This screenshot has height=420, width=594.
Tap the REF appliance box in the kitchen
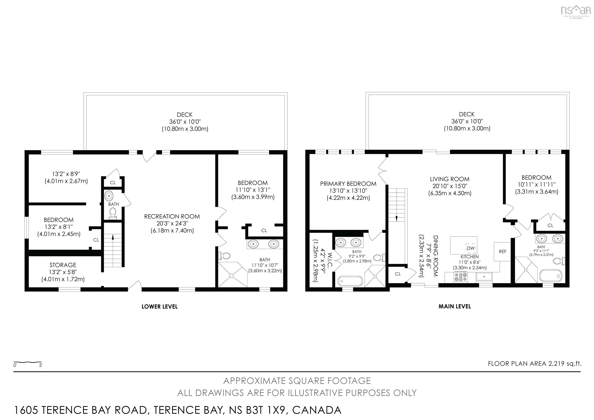pyautogui.click(x=502, y=251)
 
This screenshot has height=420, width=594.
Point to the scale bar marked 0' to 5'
pyautogui.click(x=28, y=363)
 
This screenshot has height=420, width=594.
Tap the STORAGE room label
pyautogui.click(x=63, y=265)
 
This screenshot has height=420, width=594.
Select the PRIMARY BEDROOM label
pyautogui.click(x=348, y=184)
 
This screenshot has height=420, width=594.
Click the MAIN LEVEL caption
pyautogui.click(x=455, y=306)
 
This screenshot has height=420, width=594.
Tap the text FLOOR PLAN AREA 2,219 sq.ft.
pyautogui.click(x=534, y=364)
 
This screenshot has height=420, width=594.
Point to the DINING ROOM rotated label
pyautogui.click(x=435, y=256)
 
